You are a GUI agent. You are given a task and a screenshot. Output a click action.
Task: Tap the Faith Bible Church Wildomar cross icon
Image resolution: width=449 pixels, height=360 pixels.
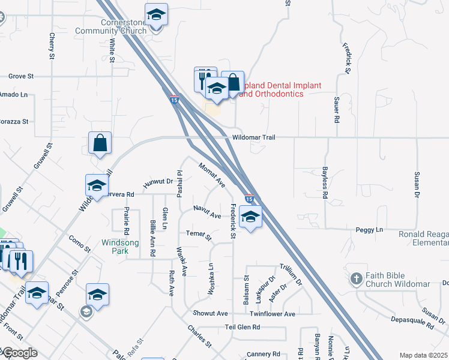click(x=357, y=278)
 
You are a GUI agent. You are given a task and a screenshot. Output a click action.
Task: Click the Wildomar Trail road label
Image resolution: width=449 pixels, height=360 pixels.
click(x=254, y=137)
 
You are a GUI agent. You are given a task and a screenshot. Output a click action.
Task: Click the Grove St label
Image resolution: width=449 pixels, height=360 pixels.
click(x=21, y=76)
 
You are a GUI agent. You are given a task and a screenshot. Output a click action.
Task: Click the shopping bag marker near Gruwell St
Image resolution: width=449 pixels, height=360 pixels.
click(x=100, y=143)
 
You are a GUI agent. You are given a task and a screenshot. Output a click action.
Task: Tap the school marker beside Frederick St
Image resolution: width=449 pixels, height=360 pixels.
click(x=250, y=217)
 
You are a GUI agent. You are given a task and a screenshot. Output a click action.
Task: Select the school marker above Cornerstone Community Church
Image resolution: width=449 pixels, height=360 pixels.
click(x=156, y=14)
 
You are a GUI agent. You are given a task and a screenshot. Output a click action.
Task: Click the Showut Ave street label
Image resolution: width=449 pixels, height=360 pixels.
click(x=210, y=314)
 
